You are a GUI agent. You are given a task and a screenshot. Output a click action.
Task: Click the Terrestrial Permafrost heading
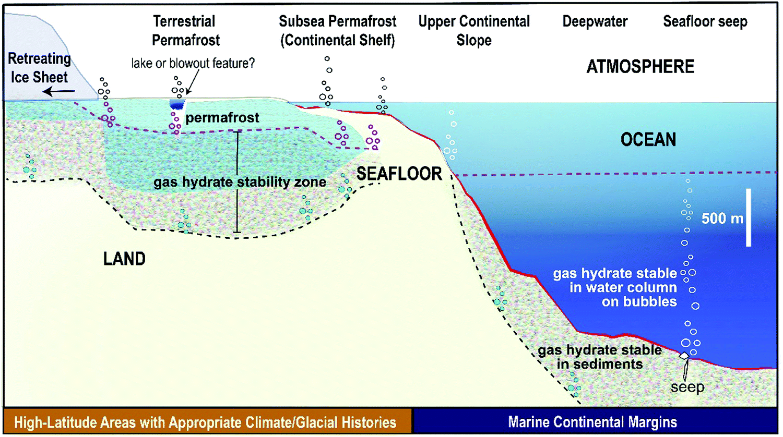pyautogui.click(x=185, y=30)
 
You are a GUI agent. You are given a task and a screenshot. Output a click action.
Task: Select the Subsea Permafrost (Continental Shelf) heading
pyautogui.click(x=337, y=30)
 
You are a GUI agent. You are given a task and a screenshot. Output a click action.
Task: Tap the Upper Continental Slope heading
pyautogui.click(x=474, y=30)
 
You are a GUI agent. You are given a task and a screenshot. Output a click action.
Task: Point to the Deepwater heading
pyautogui.click(x=595, y=21)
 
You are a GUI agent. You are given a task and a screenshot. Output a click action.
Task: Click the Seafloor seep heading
pyautogui.click(x=705, y=21)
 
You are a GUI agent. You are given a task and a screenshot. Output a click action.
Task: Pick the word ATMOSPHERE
pyautogui.click(x=640, y=67)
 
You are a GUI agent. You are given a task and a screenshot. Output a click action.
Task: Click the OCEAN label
pyautogui.click(x=648, y=140)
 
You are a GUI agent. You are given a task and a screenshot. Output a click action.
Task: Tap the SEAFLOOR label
pyautogui.click(x=399, y=174)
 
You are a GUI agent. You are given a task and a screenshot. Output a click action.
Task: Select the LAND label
pyautogui.click(x=124, y=259)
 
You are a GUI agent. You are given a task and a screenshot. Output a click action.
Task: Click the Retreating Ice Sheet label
pyautogui.click(x=39, y=68)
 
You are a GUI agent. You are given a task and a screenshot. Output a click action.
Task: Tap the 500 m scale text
pyautogui.click(x=722, y=218)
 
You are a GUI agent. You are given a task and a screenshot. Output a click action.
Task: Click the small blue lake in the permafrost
pyautogui.click(x=177, y=104)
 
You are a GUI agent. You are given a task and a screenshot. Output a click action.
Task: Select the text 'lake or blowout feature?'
pyautogui.click(x=193, y=63)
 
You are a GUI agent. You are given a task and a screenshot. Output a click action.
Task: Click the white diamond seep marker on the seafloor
pyautogui.click(x=684, y=356)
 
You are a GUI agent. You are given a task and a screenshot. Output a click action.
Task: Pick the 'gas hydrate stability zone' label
pyautogui.click(x=240, y=182)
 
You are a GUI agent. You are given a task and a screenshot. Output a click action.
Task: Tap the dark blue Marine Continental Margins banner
pyautogui.click(x=592, y=422)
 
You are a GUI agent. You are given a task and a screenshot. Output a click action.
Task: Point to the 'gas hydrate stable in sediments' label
pyautogui.click(x=600, y=357)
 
